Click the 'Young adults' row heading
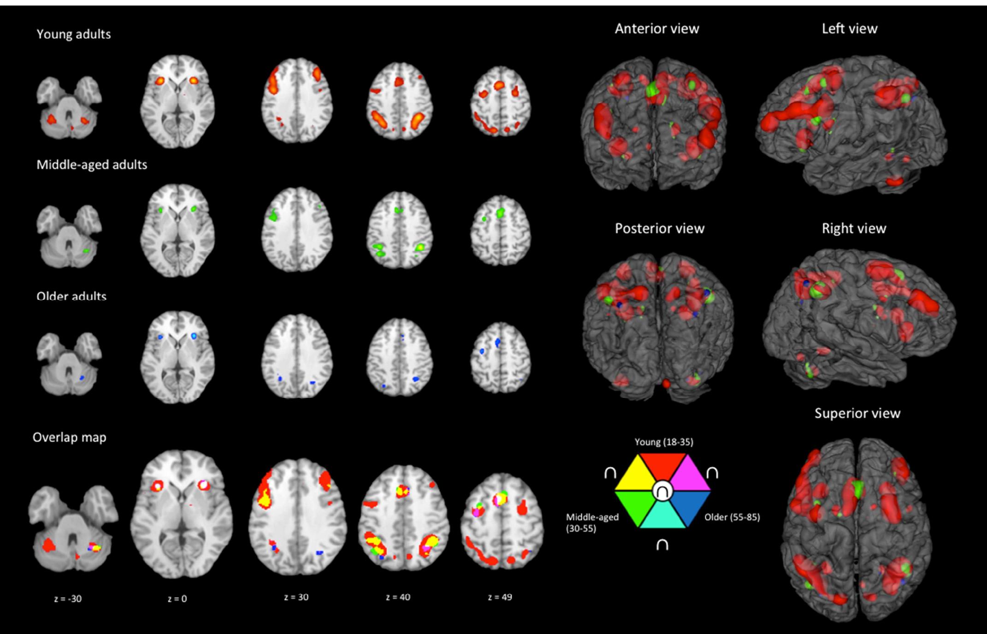click(74, 35)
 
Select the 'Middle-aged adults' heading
click(92, 165)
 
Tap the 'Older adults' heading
click(71, 296)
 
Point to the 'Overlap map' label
click(69, 437)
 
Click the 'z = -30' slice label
click(68, 599)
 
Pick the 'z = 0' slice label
click(177, 599)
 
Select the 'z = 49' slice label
click(500, 597)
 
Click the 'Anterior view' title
click(657, 29)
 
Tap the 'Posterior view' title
click(660, 229)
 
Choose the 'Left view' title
click(850, 29)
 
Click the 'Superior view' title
click(857, 413)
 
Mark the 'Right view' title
click(854, 229)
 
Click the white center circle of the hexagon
click(662, 492)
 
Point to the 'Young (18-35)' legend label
click(664, 442)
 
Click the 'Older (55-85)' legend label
click(732, 517)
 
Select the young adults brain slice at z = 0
click(177, 101)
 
